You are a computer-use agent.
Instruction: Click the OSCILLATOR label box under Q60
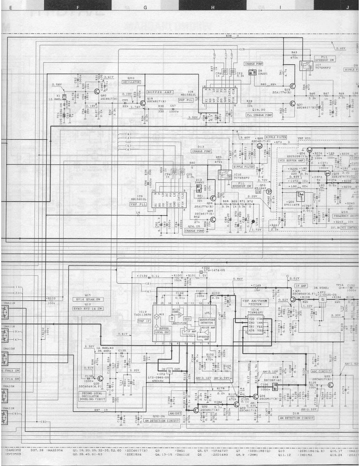coord(131,82)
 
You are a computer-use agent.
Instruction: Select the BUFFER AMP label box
coord(159,92)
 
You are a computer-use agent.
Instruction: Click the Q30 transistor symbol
coord(100,379)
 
